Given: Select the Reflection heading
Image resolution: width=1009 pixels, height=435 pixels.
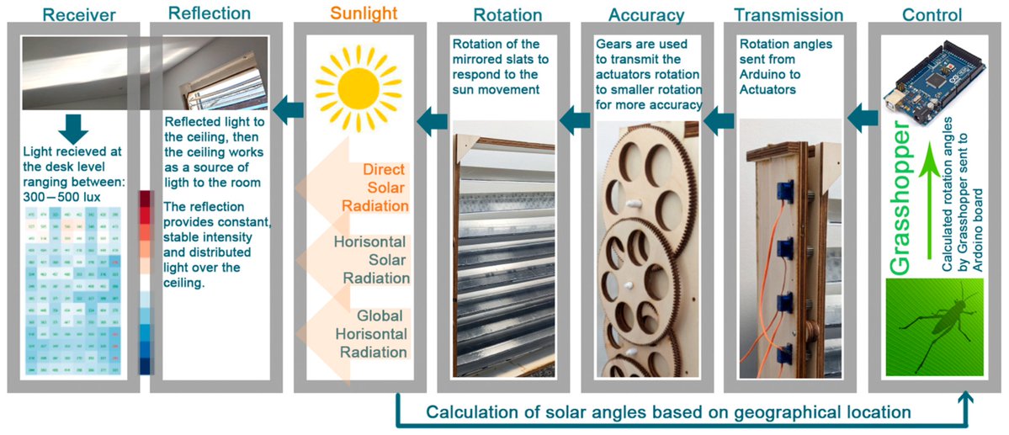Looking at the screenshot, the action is click(210, 13).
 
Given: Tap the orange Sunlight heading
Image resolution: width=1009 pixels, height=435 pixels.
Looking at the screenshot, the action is click(364, 13).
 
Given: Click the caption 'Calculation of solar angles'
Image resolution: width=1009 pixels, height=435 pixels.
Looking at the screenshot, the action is click(668, 412).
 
